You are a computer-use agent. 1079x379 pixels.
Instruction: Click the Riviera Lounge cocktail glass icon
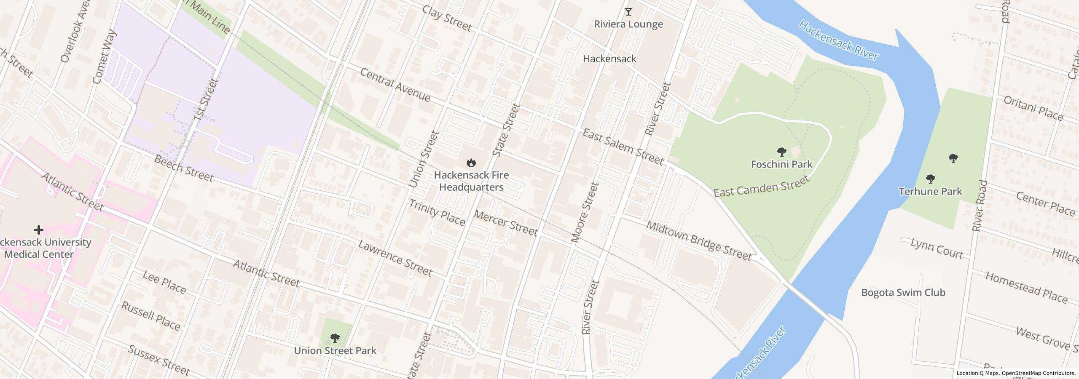[x=628, y=12]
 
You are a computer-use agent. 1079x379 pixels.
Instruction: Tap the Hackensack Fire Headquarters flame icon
[x=471, y=163]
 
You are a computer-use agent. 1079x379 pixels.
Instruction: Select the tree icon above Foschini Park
[x=781, y=152]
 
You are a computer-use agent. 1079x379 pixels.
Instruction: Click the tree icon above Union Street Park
[x=335, y=338]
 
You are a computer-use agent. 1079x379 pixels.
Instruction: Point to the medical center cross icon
[x=39, y=230]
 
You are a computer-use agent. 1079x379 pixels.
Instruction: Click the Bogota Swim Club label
[x=903, y=293]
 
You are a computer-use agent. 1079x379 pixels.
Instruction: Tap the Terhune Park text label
[x=930, y=192]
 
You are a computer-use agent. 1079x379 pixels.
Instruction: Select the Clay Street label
[x=446, y=19]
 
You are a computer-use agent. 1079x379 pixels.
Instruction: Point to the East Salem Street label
[x=623, y=147]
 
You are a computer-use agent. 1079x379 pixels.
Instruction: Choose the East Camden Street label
[x=761, y=186]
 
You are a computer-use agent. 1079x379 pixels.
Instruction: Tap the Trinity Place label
[x=437, y=213]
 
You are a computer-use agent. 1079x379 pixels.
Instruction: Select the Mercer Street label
[x=505, y=223]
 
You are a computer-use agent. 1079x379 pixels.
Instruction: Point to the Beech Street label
[x=183, y=168]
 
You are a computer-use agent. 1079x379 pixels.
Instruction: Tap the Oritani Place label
[x=1033, y=108]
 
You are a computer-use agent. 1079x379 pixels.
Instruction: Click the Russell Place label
[x=150, y=316]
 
